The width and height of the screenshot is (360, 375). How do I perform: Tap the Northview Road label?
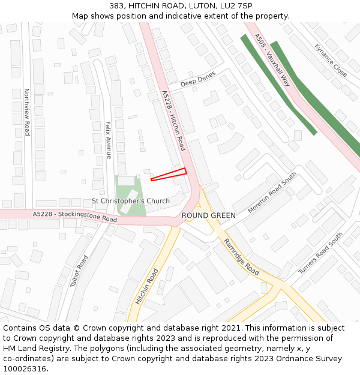[27, 112]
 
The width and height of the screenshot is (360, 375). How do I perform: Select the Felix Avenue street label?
[109, 140]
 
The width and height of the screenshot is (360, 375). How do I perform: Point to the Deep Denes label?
[198, 78]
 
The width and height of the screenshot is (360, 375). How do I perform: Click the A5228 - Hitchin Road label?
[173, 121]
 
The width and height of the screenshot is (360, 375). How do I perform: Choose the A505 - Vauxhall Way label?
[272, 60]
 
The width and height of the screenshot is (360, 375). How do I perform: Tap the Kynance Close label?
[331, 60]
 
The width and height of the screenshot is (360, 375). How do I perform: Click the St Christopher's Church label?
[130, 201]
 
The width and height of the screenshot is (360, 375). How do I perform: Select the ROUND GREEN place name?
[208, 215]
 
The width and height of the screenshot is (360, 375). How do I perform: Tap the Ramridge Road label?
[241, 257]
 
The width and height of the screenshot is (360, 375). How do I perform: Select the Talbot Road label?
[79, 271]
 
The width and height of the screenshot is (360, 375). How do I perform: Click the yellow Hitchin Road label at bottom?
[146, 286]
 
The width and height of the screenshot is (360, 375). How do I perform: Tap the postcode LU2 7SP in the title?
[237, 6]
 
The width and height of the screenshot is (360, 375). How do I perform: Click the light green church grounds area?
[136, 207]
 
